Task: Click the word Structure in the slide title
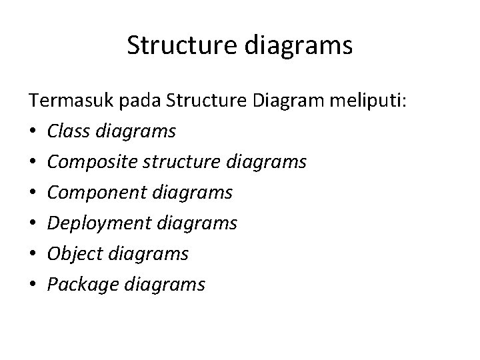pyautogui.click(x=177, y=46)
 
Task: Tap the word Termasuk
pyautogui.click(x=63, y=101)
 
